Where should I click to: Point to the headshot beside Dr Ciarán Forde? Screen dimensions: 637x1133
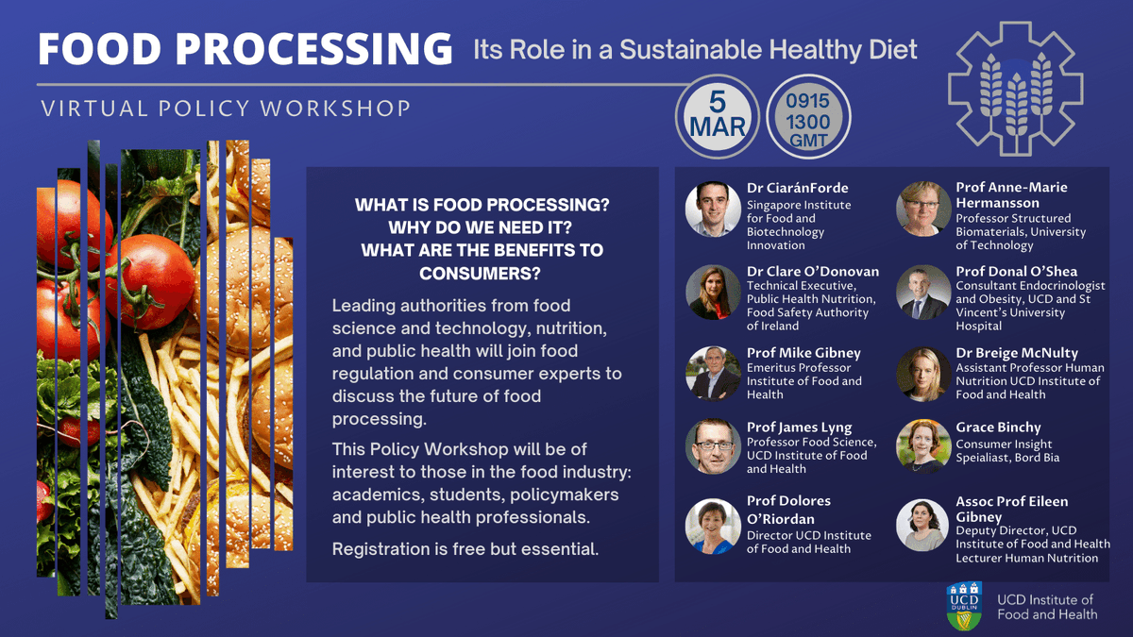(x=713, y=209)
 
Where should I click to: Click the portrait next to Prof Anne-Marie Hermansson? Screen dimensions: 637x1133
(x=922, y=209)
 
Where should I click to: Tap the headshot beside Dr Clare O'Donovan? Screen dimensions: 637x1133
(x=713, y=292)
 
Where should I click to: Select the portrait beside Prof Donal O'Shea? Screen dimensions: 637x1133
(x=922, y=292)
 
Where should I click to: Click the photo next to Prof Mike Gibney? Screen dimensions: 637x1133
(x=713, y=373)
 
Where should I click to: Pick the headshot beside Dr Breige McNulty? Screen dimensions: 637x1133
(x=922, y=373)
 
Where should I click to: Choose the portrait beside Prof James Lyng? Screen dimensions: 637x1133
(x=713, y=446)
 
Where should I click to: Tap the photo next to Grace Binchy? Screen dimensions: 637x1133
(x=922, y=446)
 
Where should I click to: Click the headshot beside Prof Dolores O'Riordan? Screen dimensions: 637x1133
(x=713, y=525)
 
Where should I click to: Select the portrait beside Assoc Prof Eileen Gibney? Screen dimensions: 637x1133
(x=922, y=525)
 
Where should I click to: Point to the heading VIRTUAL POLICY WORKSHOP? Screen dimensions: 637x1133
(x=227, y=108)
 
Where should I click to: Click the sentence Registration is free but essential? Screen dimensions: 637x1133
(x=465, y=548)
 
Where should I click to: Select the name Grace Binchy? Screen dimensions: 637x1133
(x=998, y=427)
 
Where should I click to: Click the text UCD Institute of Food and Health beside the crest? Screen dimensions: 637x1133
(x=1047, y=607)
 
